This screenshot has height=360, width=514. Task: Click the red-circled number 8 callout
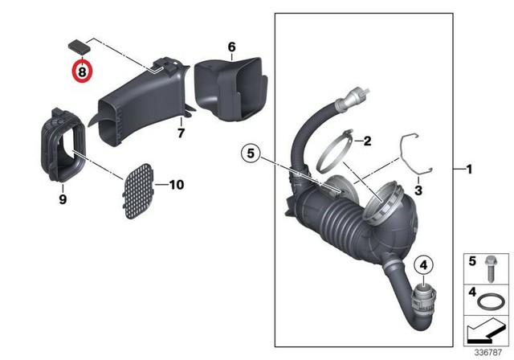coord(82,72)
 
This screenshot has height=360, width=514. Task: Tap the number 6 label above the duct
coord(231,47)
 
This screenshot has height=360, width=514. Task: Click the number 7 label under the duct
coord(181,132)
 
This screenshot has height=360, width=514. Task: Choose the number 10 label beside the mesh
coord(176,185)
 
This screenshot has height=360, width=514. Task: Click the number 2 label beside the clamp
coord(366,141)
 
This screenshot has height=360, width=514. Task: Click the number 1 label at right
coord(470,170)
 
